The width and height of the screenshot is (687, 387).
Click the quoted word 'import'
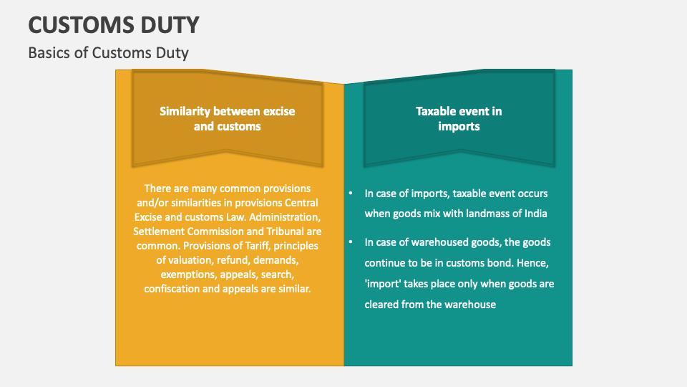click(384, 284)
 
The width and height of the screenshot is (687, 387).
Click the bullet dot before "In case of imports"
click(351, 193)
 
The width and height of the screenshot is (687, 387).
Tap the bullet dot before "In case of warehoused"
click(351, 243)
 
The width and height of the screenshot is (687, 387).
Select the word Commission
click(218, 231)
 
